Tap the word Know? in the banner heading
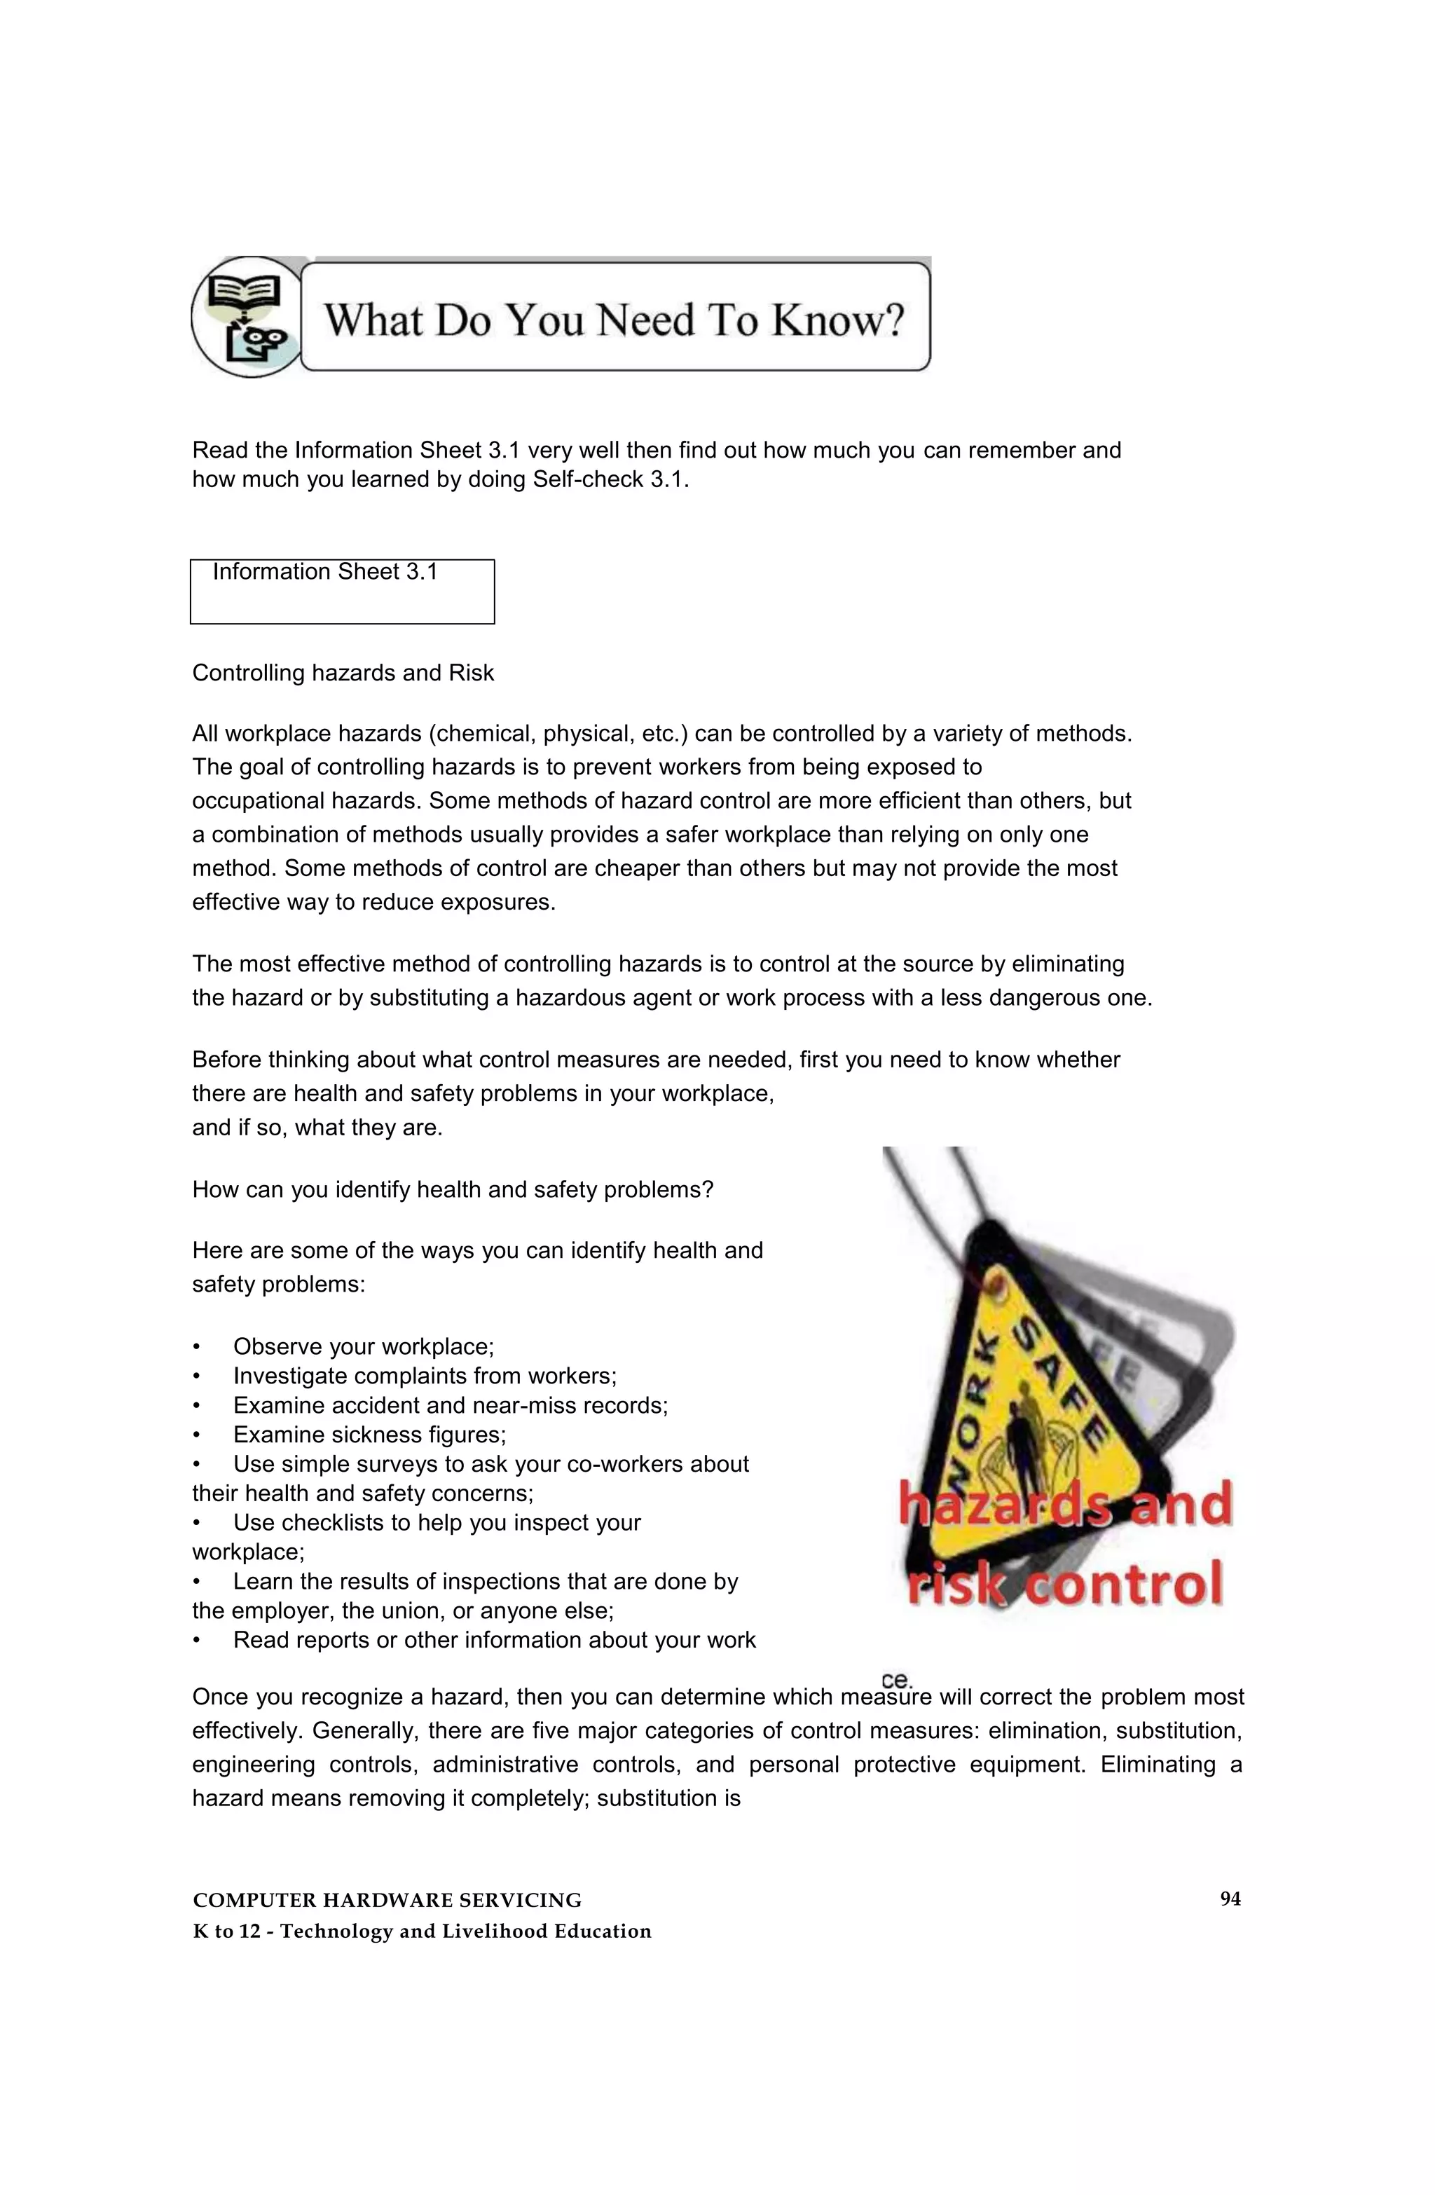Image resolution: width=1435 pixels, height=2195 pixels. coord(837,320)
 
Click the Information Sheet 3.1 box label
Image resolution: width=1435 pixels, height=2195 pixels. coord(324,572)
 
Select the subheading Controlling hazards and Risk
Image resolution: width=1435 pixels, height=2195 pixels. coord(343,673)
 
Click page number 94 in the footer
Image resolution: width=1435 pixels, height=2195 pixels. coord(1229,1899)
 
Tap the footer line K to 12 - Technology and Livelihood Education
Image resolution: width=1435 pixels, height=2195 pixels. coord(422,1932)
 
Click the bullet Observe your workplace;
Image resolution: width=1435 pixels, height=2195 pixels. coord(364,1346)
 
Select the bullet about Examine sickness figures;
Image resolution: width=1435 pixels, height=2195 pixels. coord(369,1435)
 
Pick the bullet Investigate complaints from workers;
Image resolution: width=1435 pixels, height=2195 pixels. coord(424,1376)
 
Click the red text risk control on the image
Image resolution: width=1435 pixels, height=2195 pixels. coord(1064,1584)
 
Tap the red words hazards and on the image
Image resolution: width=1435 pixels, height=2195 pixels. coord(1065,1505)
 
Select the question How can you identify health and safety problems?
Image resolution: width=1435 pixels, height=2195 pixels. coord(452,1190)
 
